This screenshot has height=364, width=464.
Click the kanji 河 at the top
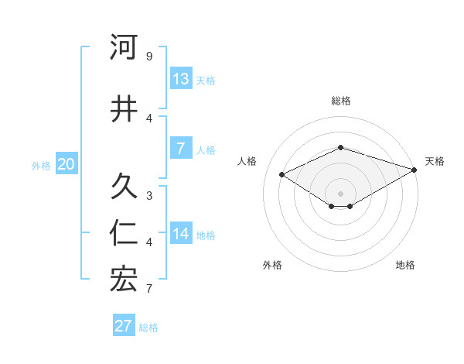point(124,48)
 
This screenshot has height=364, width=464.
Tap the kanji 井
point(124,108)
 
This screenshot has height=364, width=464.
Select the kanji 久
point(124,186)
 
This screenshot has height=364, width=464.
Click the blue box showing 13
point(181,79)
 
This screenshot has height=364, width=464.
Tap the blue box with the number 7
point(181,149)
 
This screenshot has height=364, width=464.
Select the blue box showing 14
point(181,234)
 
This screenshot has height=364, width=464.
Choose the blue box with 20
point(67,163)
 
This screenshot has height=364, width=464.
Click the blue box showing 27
point(124,326)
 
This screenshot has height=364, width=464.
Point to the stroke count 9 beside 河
point(149,57)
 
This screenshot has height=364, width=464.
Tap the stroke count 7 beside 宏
point(149,288)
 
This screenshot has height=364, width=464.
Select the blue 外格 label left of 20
point(41,165)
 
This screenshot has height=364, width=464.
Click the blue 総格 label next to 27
point(148,328)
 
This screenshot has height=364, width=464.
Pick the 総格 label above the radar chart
point(340,101)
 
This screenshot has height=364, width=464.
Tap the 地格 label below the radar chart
point(405,265)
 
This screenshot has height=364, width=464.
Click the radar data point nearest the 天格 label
point(415,170)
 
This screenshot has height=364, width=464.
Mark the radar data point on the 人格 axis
point(281,174)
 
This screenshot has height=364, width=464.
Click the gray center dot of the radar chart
point(340,193)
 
